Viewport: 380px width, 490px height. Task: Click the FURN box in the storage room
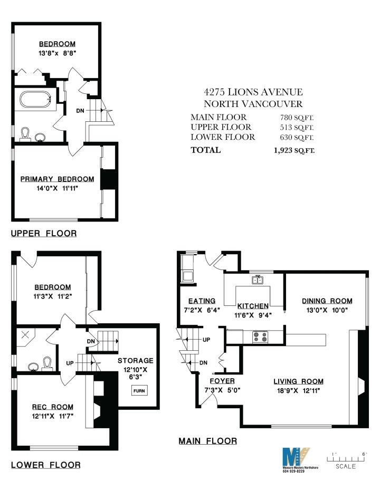click(x=140, y=391)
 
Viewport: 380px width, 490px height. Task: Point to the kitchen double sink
click(x=258, y=280)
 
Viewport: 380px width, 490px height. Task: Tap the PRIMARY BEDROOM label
click(x=57, y=179)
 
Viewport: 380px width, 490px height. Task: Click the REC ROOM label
click(x=52, y=407)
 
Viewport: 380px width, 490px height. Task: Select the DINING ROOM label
click(x=327, y=301)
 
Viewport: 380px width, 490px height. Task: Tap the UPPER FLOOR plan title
click(x=43, y=233)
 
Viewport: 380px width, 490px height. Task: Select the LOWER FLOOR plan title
click(x=45, y=465)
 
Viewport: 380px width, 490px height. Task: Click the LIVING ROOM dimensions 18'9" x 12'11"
click(x=298, y=390)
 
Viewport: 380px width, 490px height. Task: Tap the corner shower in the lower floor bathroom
click(x=24, y=336)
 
